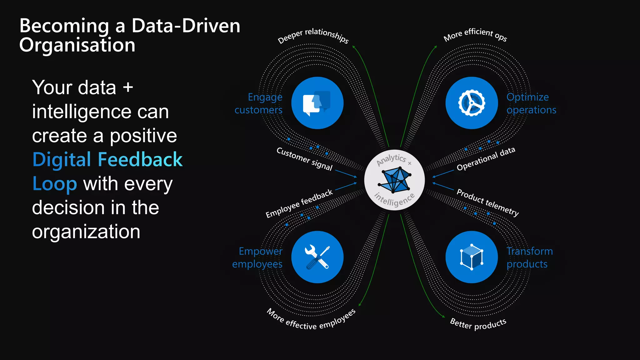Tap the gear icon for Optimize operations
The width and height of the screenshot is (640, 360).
point(471,103)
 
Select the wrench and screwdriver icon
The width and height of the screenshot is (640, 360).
point(317,257)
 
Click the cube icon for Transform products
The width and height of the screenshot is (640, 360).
point(472,257)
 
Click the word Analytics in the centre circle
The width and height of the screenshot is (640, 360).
point(391,160)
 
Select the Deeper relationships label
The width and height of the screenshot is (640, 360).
point(313,35)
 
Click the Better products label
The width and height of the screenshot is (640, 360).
point(478,324)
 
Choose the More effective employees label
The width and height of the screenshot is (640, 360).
point(311,321)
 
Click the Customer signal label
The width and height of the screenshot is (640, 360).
point(304,159)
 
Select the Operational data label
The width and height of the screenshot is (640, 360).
point(486,159)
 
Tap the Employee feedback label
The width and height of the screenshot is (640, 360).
point(299,203)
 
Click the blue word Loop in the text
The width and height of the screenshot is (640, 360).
point(55,184)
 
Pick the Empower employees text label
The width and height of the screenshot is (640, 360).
point(257,257)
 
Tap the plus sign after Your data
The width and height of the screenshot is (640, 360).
point(128,87)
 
